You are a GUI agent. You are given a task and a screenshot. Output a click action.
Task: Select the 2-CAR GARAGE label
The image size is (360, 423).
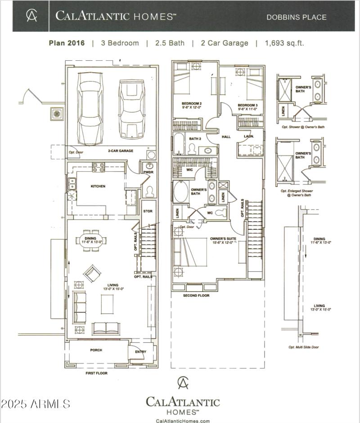click(x=120, y=151)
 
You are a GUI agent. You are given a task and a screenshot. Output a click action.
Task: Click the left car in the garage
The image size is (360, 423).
click(x=92, y=107)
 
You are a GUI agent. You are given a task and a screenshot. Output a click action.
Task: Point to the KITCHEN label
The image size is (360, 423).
click(x=98, y=186)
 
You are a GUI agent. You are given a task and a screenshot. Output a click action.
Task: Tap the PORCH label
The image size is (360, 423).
click(x=96, y=350)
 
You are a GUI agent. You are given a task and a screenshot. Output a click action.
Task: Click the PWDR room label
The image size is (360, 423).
click(x=148, y=172)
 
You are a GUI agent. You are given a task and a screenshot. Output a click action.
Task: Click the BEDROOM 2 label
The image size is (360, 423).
click(x=192, y=102)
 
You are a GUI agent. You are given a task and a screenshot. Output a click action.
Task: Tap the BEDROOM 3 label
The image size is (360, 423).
click(x=248, y=105)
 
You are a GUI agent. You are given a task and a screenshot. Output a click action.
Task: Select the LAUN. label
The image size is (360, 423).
click(x=249, y=136)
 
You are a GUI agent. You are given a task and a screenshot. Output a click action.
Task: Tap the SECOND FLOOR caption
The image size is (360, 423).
click(x=196, y=296)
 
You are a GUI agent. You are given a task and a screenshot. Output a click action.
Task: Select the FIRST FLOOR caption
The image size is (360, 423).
click(x=97, y=373)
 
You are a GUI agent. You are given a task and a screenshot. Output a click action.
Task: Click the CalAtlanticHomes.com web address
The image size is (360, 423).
click(x=183, y=421)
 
